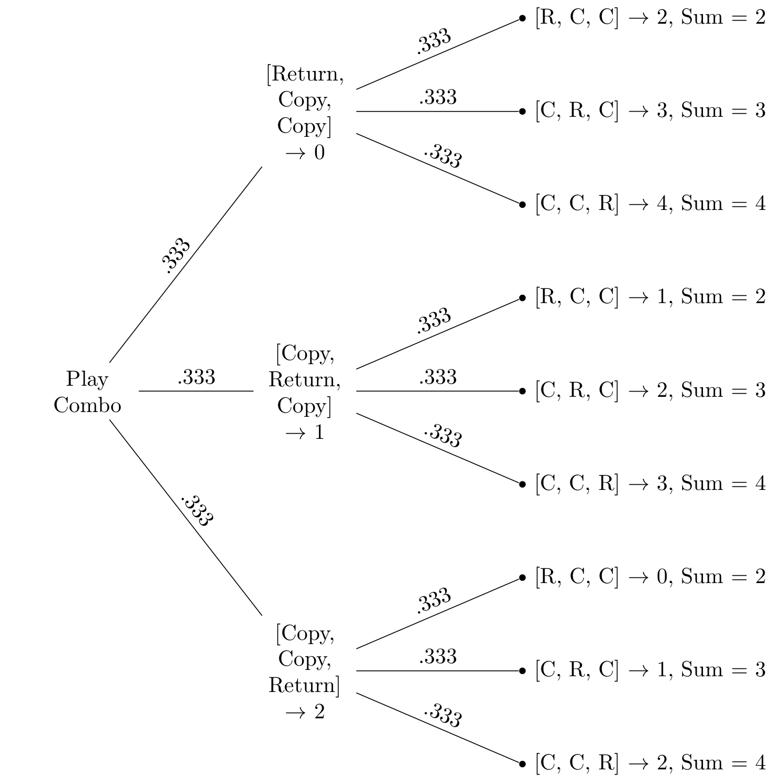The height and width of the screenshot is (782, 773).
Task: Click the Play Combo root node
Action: click(x=87, y=392)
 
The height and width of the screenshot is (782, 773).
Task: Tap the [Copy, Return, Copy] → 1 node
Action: click(x=305, y=392)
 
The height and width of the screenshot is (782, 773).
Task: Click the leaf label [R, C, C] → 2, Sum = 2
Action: click(x=650, y=18)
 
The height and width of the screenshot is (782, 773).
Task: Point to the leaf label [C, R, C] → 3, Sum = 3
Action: click(x=650, y=111)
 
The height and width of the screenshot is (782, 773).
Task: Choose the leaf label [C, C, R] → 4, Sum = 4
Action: click(x=650, y=204)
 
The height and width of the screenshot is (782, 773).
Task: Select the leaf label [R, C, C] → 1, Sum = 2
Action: click(x=650, y=297)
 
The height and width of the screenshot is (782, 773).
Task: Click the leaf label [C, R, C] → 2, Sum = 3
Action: click(x=650, y=390)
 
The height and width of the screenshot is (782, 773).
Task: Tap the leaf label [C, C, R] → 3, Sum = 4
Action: click(x=650, y=484)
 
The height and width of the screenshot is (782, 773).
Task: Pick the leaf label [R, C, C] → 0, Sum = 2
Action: click(x=650, y=577)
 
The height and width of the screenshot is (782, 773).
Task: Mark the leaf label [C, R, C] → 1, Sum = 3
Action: click(x=650, y=670)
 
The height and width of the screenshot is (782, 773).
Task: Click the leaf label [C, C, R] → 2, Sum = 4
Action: click(x=650, y=763)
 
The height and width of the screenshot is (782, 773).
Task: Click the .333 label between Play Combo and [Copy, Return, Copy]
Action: click(x=196, y=377)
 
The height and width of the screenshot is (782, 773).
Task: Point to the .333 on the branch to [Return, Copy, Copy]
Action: click(x=175, y=255)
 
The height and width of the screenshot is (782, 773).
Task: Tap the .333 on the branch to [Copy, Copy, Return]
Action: click(x=197, y=510)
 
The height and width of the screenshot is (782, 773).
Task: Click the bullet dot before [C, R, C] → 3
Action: click(x=522, y=112)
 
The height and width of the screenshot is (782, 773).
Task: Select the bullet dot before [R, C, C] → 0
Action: click(x=522, y=577)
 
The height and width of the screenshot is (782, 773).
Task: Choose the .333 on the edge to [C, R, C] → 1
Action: click(x=438, y=657)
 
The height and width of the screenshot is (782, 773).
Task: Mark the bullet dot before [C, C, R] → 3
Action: click(x=522, y=484)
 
